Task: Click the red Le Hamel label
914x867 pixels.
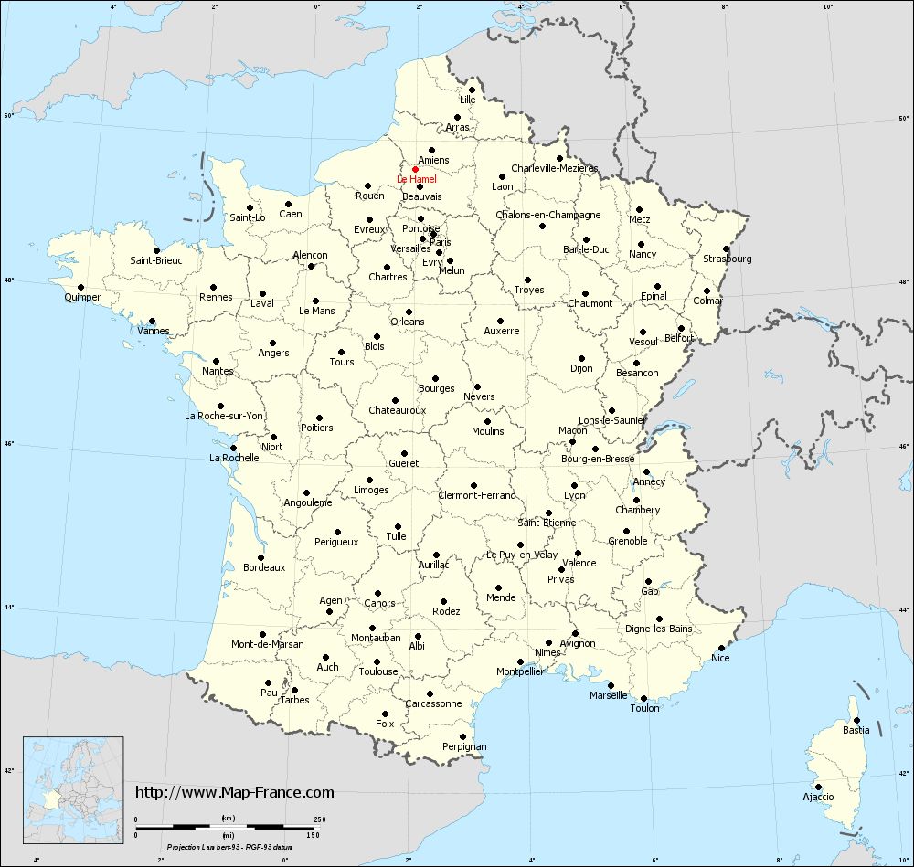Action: pyautogui.click(x=417, y=180)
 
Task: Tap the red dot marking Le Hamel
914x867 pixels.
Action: pyautogui.click(x=415, y=169)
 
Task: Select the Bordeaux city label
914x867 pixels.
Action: pyautogui.click(x=264, y=567)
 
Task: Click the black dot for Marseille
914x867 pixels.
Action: pyautogui.click(x=611, y=685)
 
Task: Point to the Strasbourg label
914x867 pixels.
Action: pyautogui.click(x=728, y=259)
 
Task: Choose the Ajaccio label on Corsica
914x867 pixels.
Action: pyautogui.click(x=817, y=797)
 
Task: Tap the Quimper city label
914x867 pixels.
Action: pyautogui.click(x=82, y=298)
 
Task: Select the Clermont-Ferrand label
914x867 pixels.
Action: pyautogui.click(x=478, y=495)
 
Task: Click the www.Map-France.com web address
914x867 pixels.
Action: pyautogui.click(x=235, y=792)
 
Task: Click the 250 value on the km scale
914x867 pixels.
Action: pyautogui.click(x=319, y=819)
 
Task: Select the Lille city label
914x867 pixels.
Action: pyautogui.click(x=468, y=100)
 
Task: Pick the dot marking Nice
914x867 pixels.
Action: pyautogui.click(x=721, y=648)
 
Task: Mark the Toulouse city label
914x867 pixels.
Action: pyautogui.click(x=378, y=671)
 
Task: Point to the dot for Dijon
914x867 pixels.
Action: pyautogui.click(x=581, y=358)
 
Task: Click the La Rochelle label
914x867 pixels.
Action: pyautogui.click(x=234, y=458)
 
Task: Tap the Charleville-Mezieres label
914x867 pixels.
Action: pyautogui.click(x=554, y=168)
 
